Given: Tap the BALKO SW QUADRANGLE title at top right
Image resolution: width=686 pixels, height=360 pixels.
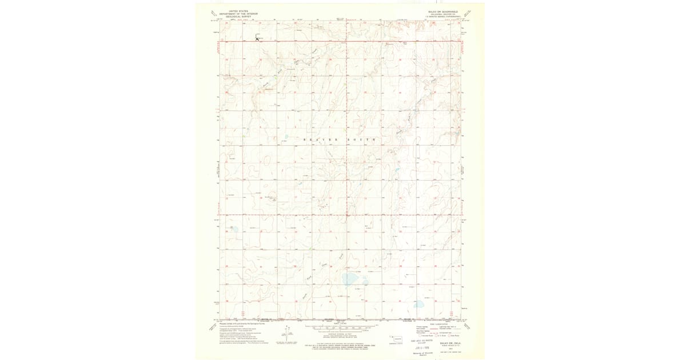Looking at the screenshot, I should [441, 11].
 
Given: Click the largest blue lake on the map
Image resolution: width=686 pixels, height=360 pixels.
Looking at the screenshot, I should [352, 279].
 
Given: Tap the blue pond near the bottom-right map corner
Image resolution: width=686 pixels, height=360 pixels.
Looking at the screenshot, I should [419, 304].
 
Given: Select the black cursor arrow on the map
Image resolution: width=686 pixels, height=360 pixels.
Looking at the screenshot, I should [257, 38].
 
